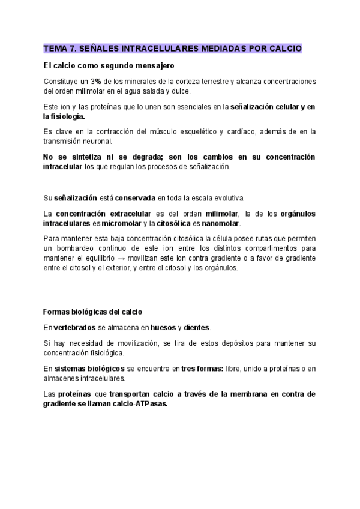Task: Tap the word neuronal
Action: coord(102,141)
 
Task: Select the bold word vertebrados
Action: coord(74,328)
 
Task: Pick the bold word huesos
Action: coord(163,328)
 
